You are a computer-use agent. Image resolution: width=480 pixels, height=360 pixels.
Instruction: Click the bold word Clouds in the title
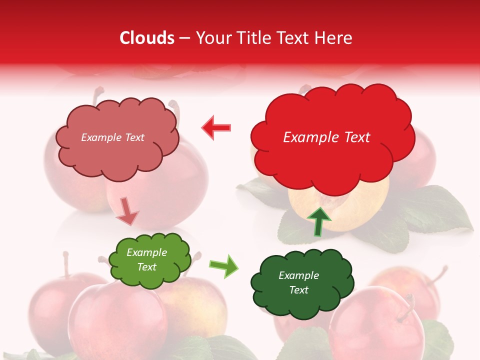coord(147,38)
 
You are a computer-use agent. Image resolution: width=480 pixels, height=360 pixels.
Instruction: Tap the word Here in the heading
coord(333,38)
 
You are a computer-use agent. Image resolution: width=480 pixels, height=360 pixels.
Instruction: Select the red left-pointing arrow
coord(216,128)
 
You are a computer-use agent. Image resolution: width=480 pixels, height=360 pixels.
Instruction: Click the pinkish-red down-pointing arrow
coord(127,211)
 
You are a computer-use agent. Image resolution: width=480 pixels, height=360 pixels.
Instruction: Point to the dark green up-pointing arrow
coord(318,221)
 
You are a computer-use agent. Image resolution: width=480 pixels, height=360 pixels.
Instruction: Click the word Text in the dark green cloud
coord(298,290)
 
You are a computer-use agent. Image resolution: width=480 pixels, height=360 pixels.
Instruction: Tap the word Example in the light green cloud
coord(147,252)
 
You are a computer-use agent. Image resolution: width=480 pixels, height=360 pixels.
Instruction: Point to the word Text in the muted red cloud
coord(134,137)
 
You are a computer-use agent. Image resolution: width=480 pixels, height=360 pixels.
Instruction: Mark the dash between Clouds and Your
coord(184,38)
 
